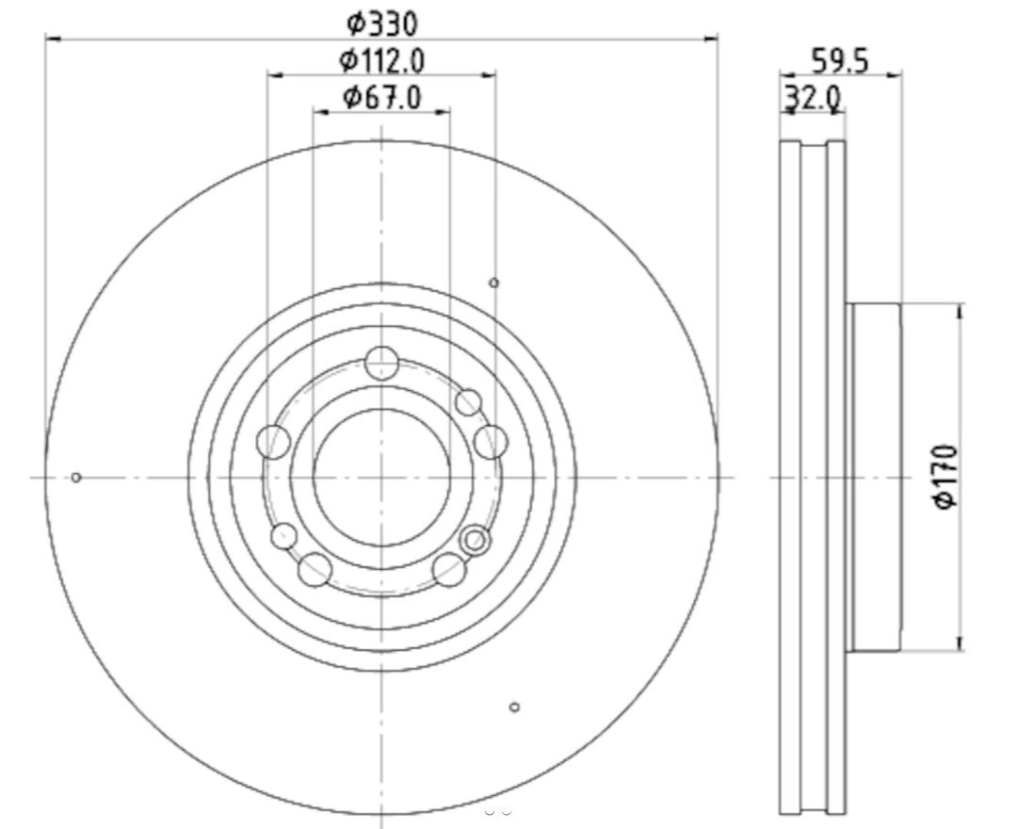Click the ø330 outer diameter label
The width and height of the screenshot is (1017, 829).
(381, 22)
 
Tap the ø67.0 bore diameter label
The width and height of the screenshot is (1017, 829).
(381, 96)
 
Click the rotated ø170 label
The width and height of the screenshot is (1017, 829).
(945, 477)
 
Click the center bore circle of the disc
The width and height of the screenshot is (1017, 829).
(381, 477)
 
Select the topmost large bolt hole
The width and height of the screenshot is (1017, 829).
(381, 363)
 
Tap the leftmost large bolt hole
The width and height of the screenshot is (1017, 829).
(274, 441)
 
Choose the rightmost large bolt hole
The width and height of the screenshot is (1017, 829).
(491, 441)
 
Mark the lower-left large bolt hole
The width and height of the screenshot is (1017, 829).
(315, 569)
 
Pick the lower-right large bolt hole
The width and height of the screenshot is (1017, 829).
(449, 569)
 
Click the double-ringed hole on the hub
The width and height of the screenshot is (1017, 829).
(476, 540)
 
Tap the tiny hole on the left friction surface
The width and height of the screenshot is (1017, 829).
(76, 478)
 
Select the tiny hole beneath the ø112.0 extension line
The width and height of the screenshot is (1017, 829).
(493, 283)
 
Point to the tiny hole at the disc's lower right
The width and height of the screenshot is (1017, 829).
(514, 707)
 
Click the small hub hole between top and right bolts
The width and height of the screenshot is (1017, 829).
(468, 402)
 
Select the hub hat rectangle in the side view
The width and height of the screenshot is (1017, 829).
(874, 477)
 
